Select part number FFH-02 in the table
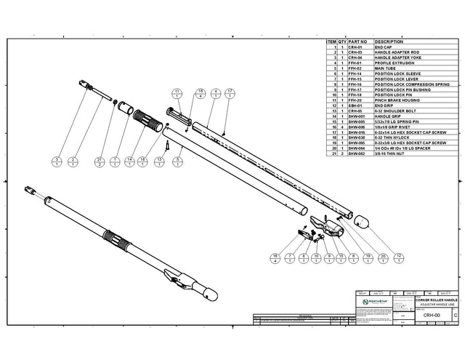point(356,68)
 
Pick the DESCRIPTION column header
point(389,43)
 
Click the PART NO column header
point(357,43)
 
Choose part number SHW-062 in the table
point(356,155)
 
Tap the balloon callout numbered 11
point(177,93)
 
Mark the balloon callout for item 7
point(290,257)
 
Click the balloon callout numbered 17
point(230,93)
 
